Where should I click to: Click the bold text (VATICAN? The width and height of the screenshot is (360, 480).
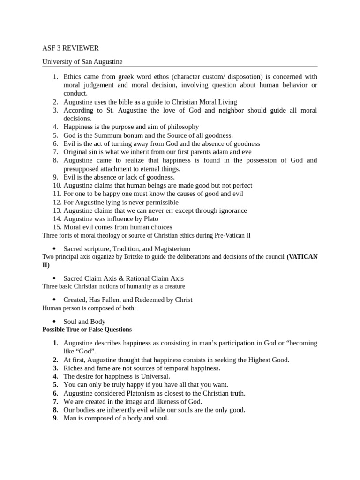302,256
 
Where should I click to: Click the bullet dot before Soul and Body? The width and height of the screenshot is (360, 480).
54,322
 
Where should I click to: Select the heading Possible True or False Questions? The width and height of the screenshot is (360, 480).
87,330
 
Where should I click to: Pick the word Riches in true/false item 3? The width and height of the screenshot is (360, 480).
73,368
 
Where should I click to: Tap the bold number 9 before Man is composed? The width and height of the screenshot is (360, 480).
55,418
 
